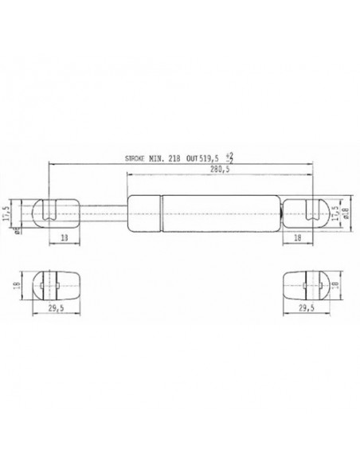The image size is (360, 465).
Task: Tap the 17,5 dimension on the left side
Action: (9, 213)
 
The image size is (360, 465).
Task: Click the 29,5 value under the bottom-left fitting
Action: (53, 307)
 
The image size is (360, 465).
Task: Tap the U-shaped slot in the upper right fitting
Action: (313, 211)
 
